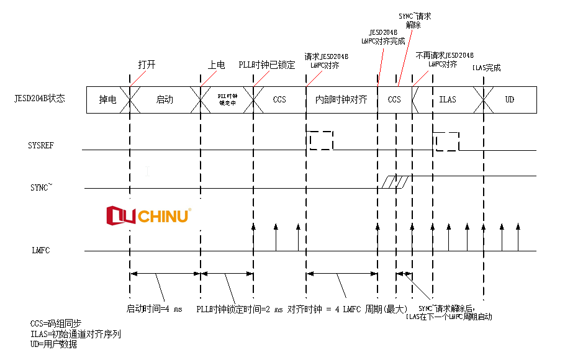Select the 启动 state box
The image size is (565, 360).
point(165,99)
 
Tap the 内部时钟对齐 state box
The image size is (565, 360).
point(341,99)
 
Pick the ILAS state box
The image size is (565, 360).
point(447,99)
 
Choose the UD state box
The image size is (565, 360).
point(509,99)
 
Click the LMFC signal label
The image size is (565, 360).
point(40,251)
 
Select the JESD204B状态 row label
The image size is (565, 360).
point(40,98)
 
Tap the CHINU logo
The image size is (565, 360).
point(149,215)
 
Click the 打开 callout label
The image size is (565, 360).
point(147,65)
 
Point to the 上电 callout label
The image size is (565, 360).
point(216,65)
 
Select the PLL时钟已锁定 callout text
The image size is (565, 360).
point(267,65)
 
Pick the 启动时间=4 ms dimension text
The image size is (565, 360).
point(155,308)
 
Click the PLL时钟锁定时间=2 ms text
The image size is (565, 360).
point(240,308)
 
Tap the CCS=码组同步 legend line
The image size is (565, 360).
point(56,323)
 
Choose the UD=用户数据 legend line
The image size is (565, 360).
point(53,344)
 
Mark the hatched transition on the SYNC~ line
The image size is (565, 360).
point(395,181)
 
